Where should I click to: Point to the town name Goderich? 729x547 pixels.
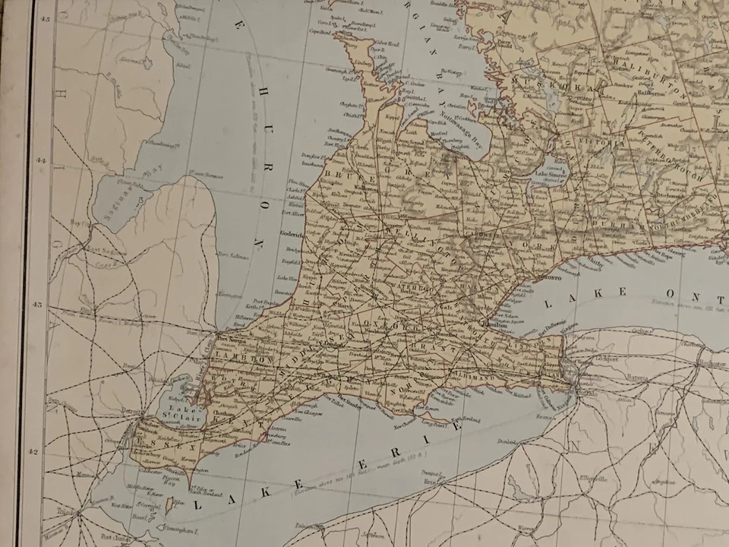292,235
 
